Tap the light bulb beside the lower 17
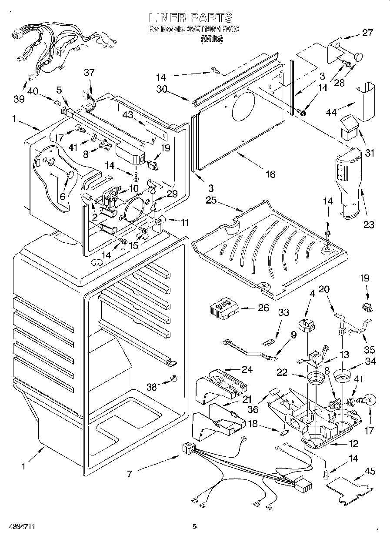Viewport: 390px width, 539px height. [x=367, y=399]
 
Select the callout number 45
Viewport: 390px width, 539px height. [x=370, y=471]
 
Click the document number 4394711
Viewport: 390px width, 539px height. [x=18, y=527]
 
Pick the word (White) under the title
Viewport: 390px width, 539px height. [x=211, y=39]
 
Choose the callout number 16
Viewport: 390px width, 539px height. [x=270, y=174]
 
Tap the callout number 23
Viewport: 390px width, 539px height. [x=369, y=224]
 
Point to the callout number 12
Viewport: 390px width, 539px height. [x=353, y=444]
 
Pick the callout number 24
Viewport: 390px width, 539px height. [x=247, y=369]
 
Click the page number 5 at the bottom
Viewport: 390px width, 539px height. [x=195, y=527]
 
